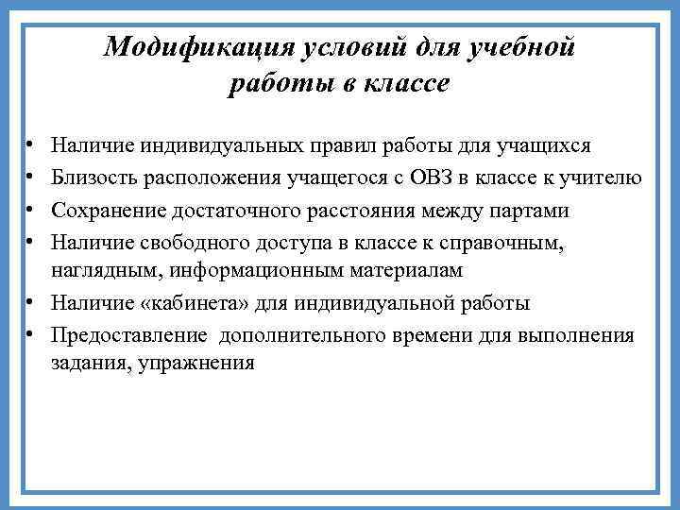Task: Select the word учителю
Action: click(x=604, y=178)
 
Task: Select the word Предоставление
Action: click(x=131, y=334)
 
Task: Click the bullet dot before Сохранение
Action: click(x=30, y=209)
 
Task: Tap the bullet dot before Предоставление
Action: click(x=30, y=334)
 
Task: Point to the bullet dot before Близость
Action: click(x=30, y=178)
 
